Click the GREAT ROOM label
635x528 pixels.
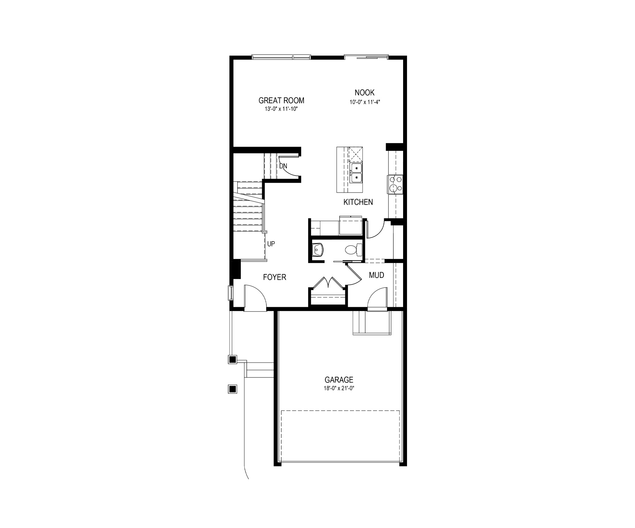click(281, 101)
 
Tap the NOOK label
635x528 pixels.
click(365, 93)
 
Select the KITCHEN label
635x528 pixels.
click(358, 202)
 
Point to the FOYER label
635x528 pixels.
click(274, 277)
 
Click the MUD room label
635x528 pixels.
click(376, 275)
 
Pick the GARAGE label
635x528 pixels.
click(339, 380)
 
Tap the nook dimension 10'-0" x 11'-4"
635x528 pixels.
click(365, 101)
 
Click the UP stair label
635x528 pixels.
click(271, 244)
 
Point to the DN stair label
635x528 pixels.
click(283, 166)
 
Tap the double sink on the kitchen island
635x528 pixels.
click(356, 173)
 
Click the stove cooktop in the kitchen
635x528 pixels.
click(395, 184)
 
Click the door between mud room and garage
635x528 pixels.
click(377, 299)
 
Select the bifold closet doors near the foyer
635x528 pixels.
click(328, 282)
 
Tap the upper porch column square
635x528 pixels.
click(233, 360)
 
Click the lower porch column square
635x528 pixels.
click(233, 389)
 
